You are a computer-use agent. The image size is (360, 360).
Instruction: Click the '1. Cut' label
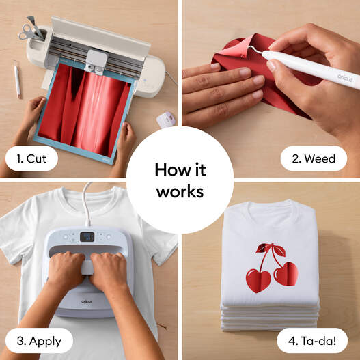tap(31, 158)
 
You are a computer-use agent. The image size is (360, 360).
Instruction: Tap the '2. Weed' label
tap(314, 158)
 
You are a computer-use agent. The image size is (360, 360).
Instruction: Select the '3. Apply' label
tap(39, 341)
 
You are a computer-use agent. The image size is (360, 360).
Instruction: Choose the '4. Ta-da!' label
tap(312, 341)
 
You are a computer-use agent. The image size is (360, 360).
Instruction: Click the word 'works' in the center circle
tap(180, 192)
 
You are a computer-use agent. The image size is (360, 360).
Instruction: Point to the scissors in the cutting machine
tap(27, 31)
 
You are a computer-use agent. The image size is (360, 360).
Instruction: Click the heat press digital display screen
tap(87, 237)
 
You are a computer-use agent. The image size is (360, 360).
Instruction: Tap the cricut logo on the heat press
tap(87, 301)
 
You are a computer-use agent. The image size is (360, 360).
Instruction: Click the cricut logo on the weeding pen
tap(345, 78)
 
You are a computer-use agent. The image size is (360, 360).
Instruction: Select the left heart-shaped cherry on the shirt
tap(258, 281)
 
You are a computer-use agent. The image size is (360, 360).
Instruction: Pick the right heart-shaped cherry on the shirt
tap(286, 274)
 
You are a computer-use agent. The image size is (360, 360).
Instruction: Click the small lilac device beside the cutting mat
tap(166, 120)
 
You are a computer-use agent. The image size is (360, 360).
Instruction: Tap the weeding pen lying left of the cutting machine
tap(17, 79)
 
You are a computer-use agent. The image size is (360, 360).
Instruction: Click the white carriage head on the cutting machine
tap(96, 61)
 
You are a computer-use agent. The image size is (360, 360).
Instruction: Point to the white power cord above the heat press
tap(87, 204)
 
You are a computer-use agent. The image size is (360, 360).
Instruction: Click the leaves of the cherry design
tap(271, 249)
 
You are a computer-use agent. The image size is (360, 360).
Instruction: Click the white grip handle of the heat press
tap(87, 267)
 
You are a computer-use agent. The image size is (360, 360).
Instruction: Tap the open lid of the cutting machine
tap(100, 36)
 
